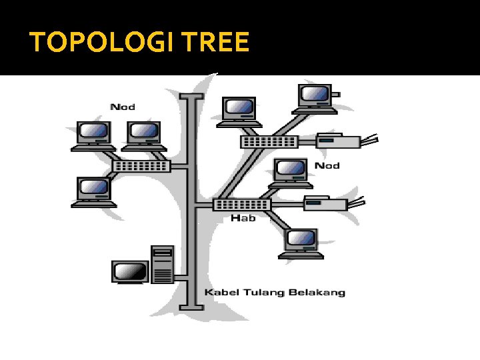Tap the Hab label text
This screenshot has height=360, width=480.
point(243,218)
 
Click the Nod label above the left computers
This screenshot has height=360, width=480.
point(122,106)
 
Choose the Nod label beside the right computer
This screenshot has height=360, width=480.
point(327,165)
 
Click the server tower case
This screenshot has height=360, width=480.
point(162,265)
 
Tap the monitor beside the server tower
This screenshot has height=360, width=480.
point(130,272)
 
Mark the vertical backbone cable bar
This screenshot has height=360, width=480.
point(194,200)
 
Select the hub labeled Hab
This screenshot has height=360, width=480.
point(242,205)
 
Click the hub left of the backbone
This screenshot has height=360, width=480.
point(141,166)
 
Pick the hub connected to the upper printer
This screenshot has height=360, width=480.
point(269,141)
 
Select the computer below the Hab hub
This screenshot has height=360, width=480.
point(301,242)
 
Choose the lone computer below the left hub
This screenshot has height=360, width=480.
point(93,191)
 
